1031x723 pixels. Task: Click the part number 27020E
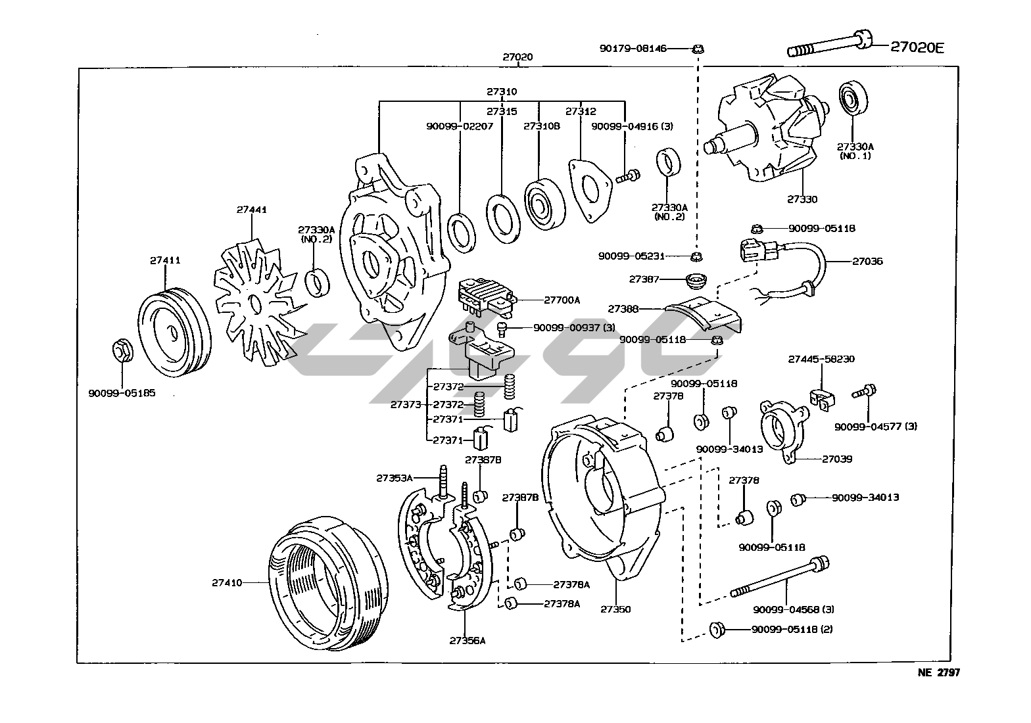click(x=917, y=47)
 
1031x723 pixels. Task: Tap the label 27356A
click(x=468, y=640)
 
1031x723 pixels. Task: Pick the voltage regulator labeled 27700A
click(x=485, y=293)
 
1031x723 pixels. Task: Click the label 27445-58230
click(x=821, y=360)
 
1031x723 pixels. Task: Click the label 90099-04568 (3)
click(x=794, y=609)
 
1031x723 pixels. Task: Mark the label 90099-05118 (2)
click(x=792, y=629)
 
